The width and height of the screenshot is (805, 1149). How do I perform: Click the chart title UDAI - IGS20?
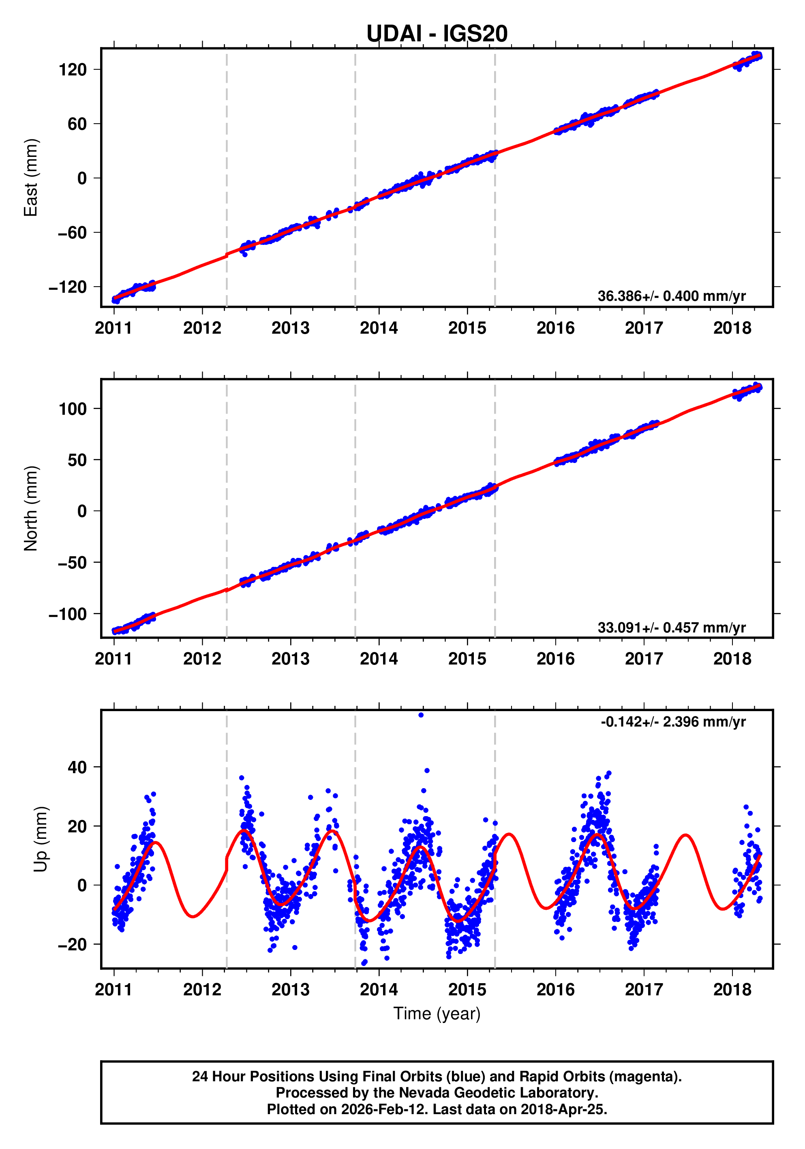coord(437,34)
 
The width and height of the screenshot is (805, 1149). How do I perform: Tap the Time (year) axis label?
coord(437,1013)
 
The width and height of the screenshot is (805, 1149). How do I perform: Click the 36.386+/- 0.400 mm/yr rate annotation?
coord(671,296)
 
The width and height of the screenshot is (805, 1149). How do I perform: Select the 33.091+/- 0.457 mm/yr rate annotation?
coord(671,627)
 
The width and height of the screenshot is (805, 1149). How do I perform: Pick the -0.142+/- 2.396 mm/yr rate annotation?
coord(673,722)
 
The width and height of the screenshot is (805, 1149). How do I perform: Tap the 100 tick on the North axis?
coord(73,409)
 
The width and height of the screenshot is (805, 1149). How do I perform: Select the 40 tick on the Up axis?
coord(77,767)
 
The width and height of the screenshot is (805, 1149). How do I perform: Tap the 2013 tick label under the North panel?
coord(290,658)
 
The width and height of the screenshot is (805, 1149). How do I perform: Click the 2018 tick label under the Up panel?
coord(732,989)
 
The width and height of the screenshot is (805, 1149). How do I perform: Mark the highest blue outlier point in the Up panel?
coord(421,715)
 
